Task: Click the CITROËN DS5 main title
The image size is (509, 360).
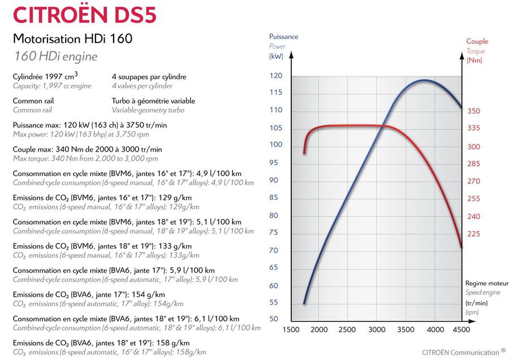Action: tap(84, 15)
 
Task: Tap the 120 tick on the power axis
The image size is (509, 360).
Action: tap(275, 76)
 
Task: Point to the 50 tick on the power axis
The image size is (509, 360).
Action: tap(274, 319)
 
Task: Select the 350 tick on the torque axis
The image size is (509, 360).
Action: tap(473, 112)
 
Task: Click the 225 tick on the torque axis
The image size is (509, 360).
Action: tap(473, 234)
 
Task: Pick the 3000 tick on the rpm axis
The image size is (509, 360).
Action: tap(377, 330)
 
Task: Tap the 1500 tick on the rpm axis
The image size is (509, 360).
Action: tap(291, 330)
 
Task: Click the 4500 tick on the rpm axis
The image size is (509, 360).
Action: tap(461, 330)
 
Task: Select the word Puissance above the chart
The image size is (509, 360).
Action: tap(283, 37)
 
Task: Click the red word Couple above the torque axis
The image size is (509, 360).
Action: tap(477, 41)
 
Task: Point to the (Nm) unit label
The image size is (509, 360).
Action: tap(474, 61)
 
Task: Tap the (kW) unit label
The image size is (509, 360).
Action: tap(276, 56)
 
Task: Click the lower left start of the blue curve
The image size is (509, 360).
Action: tap(304, 303)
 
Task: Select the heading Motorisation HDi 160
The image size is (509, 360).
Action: tap(72, 39)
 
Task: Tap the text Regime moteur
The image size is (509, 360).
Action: tap(486, 282)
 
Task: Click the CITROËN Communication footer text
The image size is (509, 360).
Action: tap(460, 351)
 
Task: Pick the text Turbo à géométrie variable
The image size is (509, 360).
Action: tap(153, 101)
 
